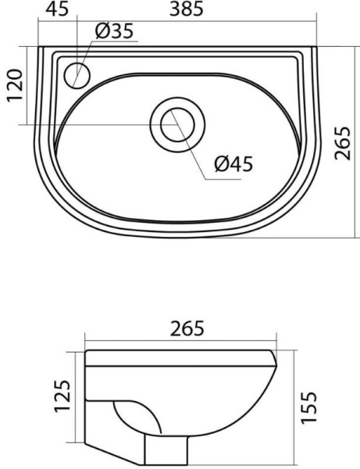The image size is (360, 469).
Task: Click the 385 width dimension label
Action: (187, 9)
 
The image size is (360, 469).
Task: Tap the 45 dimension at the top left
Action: (57, 9)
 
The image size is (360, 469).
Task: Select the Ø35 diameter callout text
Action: (115, 31)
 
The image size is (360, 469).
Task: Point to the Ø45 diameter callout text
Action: (233, 164)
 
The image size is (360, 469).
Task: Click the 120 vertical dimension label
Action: (16, 85)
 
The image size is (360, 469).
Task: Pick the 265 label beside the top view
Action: (342, 143)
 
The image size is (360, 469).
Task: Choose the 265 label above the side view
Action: (187, 328)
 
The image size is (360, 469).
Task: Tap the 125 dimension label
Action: (62, 396)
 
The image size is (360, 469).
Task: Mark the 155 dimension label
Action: (308, 406)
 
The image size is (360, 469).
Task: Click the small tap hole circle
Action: (77, 75)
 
